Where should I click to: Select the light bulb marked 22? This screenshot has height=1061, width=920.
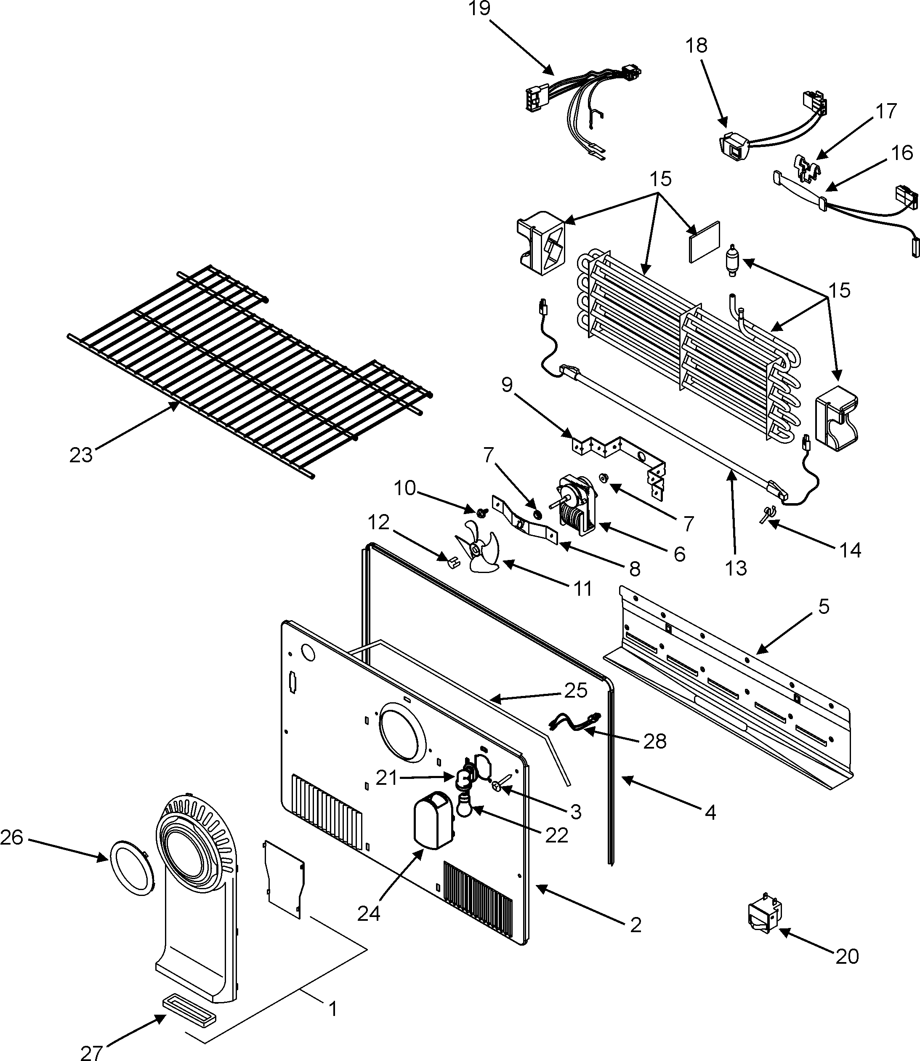(x=465, y=816)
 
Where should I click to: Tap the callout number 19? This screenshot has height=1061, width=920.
(x=479, y=9)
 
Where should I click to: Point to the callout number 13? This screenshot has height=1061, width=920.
(x=736, y=568)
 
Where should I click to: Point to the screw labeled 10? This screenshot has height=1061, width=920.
(x=482, y=512)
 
